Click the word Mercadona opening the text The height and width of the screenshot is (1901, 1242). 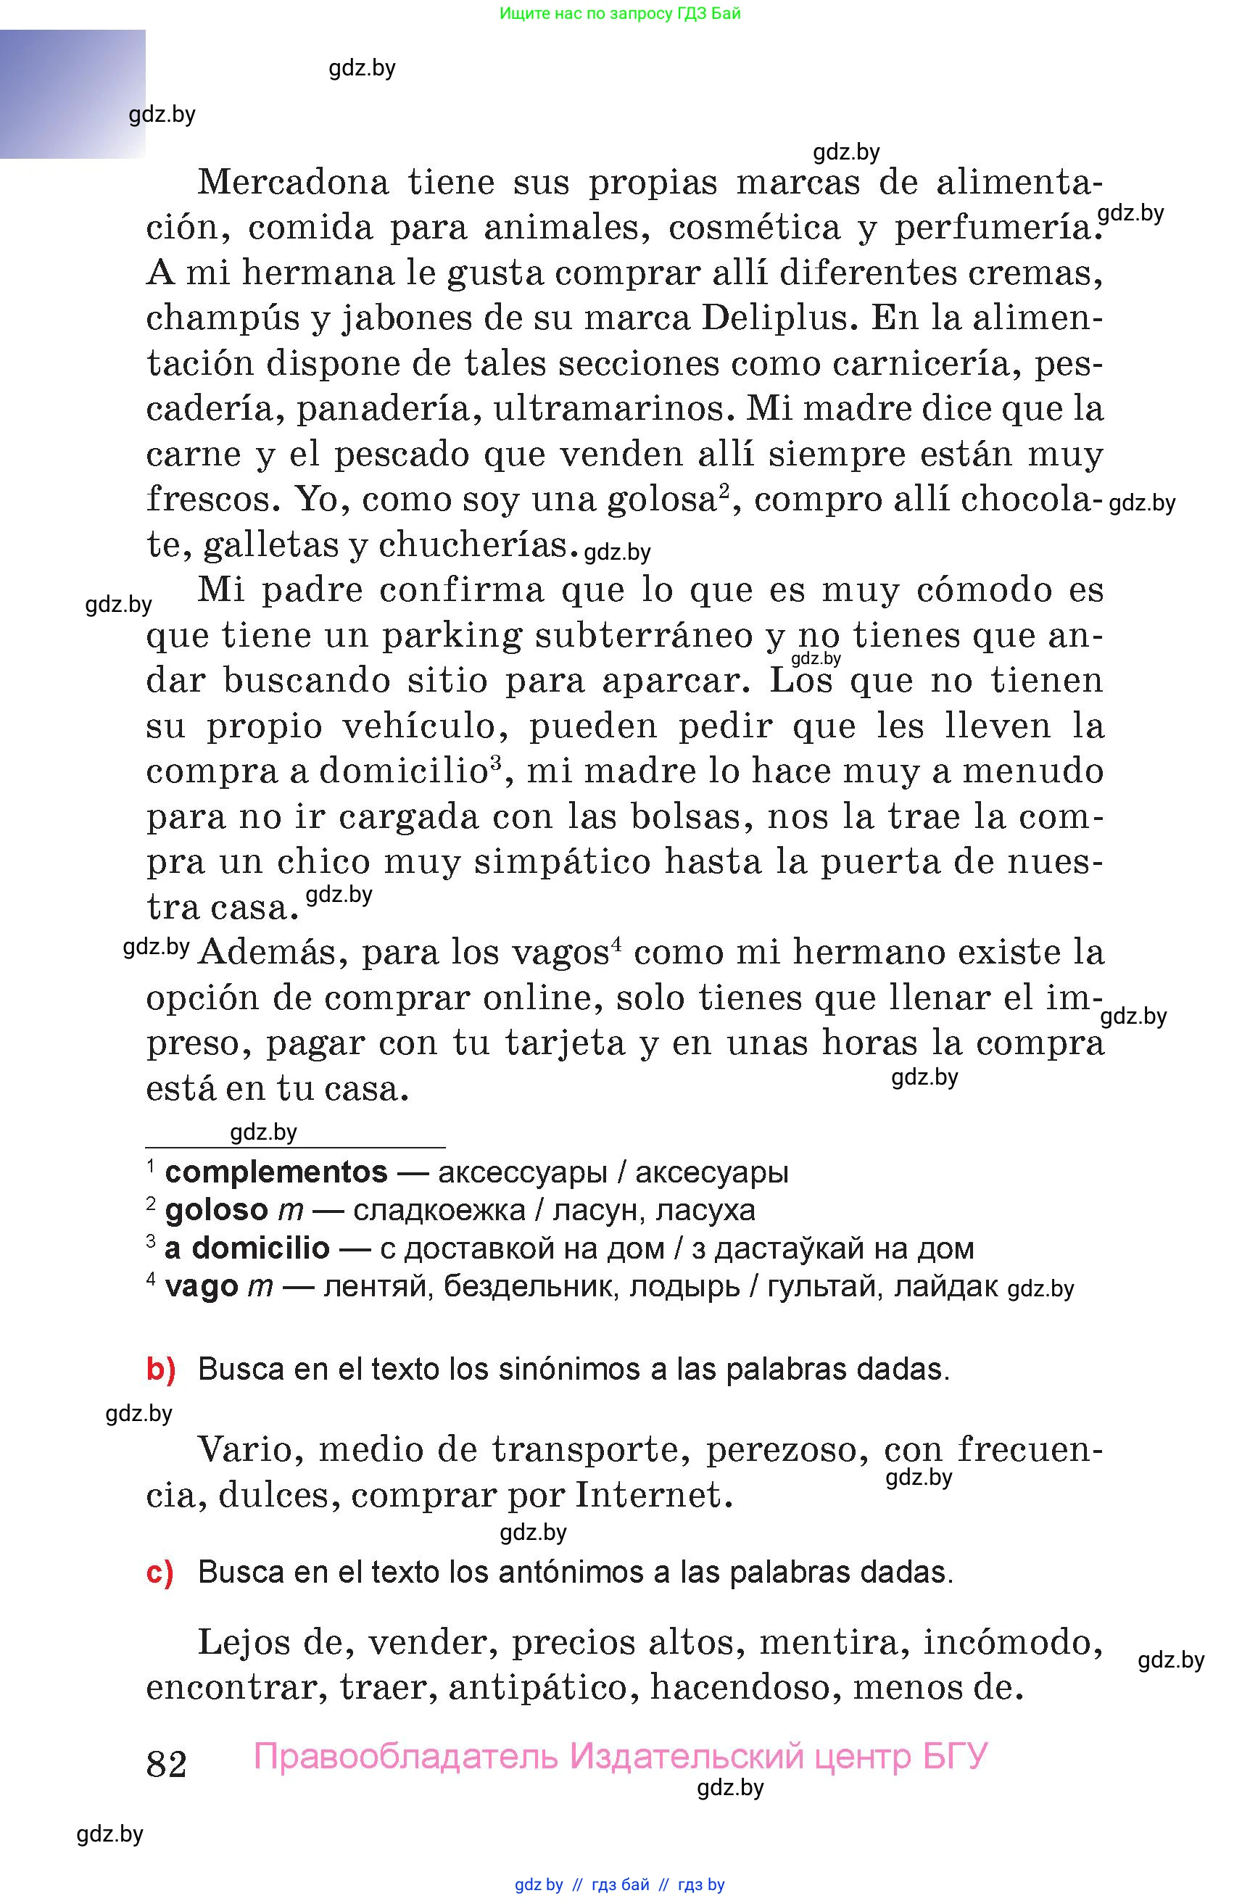tap(292, 182)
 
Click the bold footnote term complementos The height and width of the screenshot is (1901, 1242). tap(276, 1172)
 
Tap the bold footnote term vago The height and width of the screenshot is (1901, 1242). tap(202, 1286)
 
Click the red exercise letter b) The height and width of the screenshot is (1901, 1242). tap(160, 1369)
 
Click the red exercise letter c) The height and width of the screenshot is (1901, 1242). tap(160, 1572)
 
